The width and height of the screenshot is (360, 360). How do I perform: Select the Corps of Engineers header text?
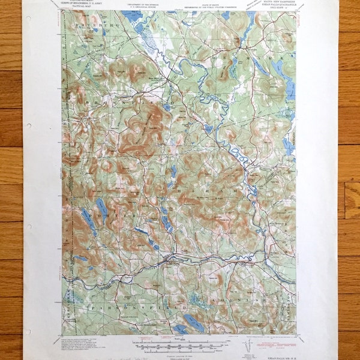click(84, 5)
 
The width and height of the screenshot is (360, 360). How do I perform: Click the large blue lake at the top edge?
click(132, 16)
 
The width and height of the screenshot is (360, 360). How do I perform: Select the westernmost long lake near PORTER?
click(88, 223)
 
